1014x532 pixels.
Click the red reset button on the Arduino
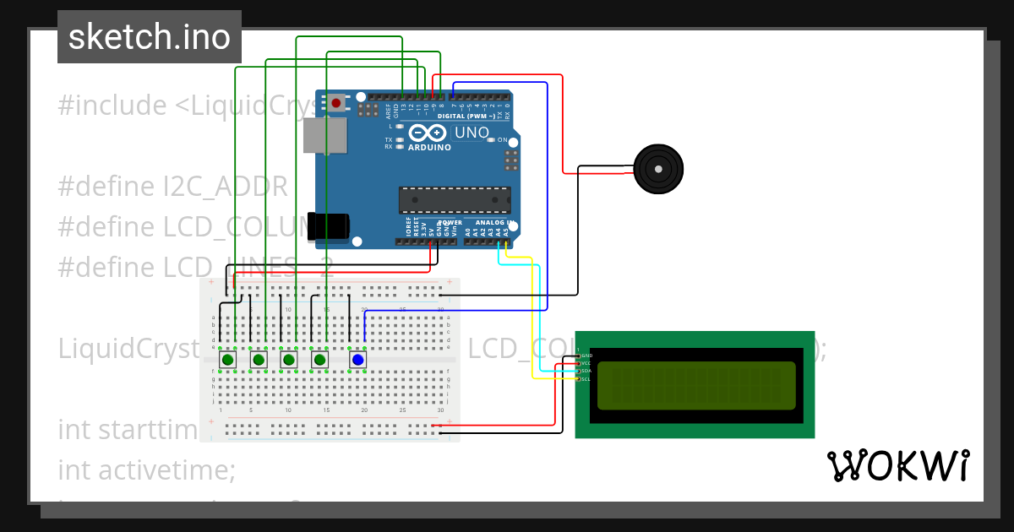click(x=337, y=103)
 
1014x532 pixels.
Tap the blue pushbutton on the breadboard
click(x=357, y=361)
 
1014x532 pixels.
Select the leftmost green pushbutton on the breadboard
click(x=227, y=361)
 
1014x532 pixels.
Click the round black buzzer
click(x=657, y=168)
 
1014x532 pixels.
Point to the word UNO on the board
click(x=472, y=133)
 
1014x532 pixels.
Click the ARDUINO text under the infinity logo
click(x=429, y=147)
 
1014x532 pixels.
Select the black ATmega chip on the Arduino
click(x=455, y=200)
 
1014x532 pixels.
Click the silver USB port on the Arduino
click(x=324, y=136)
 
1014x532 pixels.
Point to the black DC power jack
click(x=328, y=226)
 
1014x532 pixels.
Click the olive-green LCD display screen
click(x=696, y=385)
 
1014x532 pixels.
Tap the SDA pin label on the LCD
click(x=586, y=371)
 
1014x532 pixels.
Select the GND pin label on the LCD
click(x=586, y=356)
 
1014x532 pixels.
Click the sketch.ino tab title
click(x=150, y=37)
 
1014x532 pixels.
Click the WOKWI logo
click(x=897, y=466)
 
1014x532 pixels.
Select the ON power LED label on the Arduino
click(x=502, y=140)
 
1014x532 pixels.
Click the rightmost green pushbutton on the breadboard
click(x=320, y=361)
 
